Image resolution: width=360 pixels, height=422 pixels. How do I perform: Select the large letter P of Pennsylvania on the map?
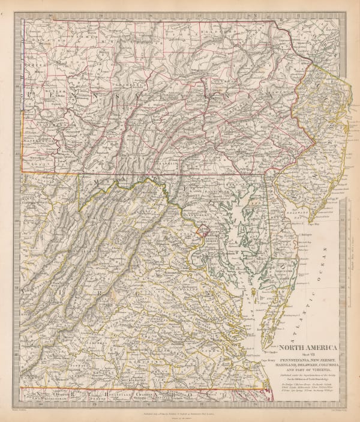pos(31,96)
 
